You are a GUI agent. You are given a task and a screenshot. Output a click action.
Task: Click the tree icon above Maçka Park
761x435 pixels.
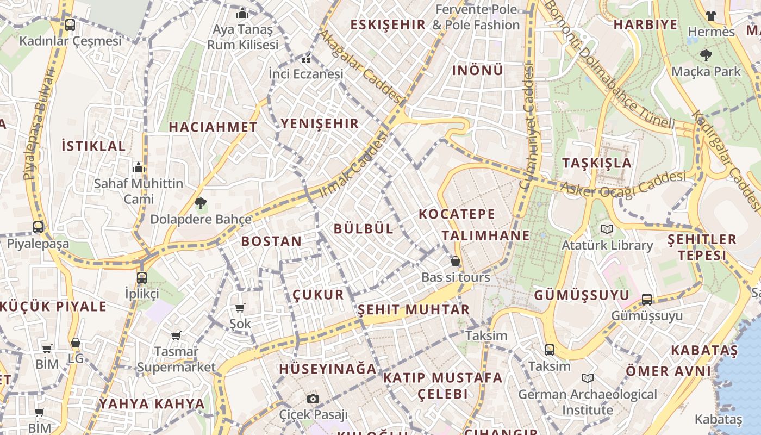(x=706, y=55)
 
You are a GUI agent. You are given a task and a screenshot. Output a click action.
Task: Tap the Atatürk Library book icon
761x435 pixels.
(x=607, y=229)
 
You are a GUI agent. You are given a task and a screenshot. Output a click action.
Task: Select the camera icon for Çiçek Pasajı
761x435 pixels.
(x=313, y=399)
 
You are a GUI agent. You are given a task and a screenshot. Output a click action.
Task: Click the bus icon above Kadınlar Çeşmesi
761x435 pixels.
(x=70, y=24)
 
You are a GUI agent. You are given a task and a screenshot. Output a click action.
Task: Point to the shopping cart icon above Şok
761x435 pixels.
(x=240, y=308)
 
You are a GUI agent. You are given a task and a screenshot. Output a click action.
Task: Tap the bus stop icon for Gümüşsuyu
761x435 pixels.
(x=647, y=299)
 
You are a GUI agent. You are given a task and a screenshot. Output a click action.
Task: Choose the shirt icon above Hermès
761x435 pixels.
(x=710, y=15)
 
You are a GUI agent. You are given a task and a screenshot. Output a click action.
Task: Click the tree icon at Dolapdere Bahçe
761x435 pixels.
(x=201, y=204)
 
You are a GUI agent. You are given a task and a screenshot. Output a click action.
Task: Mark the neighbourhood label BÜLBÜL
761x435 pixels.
(x=363, y=228)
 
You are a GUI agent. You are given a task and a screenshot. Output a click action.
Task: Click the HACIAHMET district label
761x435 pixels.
(x=213, y=127)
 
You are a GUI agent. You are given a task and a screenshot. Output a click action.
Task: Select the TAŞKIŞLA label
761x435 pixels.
(x=597, y=163)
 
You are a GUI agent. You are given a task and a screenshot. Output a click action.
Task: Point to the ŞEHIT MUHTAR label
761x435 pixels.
(x=413, y=310)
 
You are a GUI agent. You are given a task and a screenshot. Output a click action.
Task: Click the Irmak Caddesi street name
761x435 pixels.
(x=354, y=164)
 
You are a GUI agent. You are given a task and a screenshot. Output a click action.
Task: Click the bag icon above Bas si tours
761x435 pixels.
(x=456, y=262)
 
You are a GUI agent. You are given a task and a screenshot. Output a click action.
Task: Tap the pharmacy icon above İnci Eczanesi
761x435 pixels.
(x=306, y=59)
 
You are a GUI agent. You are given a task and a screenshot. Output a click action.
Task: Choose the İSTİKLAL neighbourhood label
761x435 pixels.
(x=93, y=146)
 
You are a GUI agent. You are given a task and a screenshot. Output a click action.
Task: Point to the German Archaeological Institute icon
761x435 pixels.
(x=587, y=378)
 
